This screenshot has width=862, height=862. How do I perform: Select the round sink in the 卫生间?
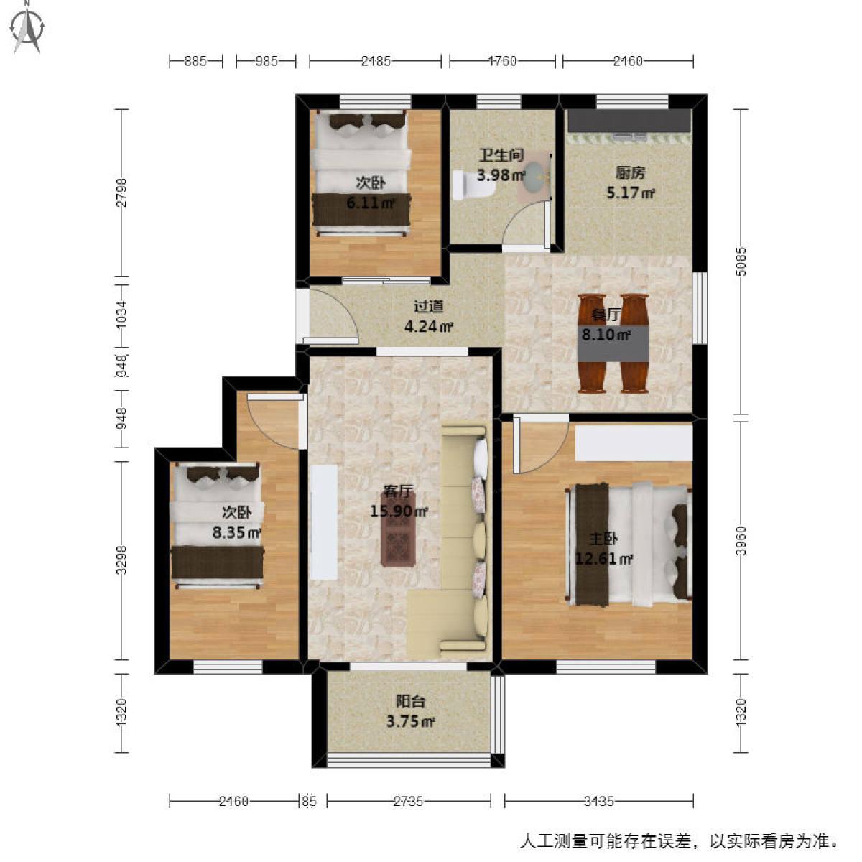(x=533, y=176)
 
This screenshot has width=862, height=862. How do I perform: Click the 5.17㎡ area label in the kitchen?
(x=630, y=193)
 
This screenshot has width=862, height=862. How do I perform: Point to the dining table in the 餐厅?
(x=613, y=343)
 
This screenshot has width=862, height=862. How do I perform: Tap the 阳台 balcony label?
(x=409, y=701)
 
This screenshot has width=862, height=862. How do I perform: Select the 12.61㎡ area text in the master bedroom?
(x=603, y=559)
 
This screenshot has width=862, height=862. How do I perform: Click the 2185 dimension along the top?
(x=376, y=61)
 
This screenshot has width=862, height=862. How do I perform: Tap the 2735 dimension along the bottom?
(x=408, y=801)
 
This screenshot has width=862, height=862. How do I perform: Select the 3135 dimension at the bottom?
(x=598, y=801)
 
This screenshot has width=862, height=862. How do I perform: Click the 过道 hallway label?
(x=428, y=307)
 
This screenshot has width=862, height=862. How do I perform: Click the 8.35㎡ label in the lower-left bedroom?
(x=236, y=533)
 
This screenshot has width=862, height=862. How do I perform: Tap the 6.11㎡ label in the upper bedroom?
(x=371, y=203)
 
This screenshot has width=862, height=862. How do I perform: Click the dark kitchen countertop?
(x=629, y=121)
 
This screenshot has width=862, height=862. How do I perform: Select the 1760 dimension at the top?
(x=502, y=61)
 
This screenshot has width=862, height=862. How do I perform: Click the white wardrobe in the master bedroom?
(x=634, y=443)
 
